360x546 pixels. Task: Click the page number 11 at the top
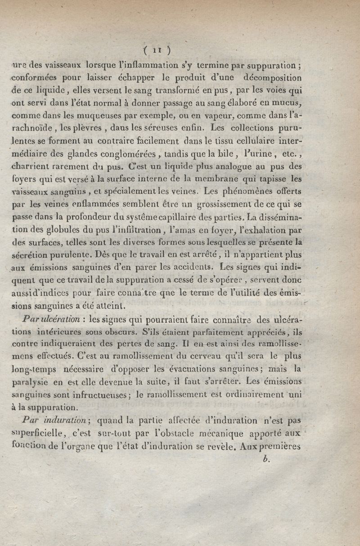click(x=155, y=49)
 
